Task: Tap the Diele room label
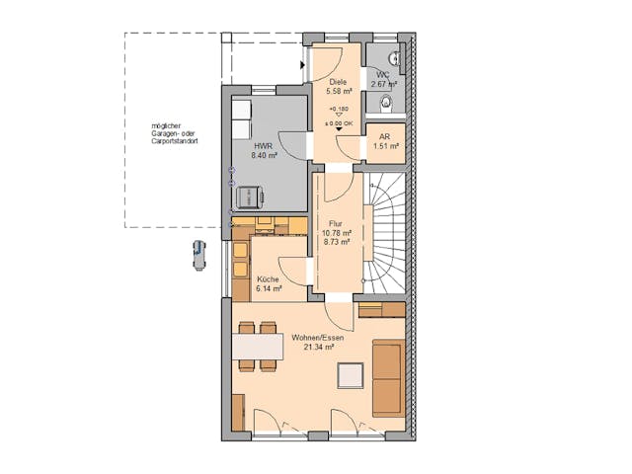click(x=338, y=82)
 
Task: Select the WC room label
click(x=382, y=74)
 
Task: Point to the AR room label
click(x=384, y=137)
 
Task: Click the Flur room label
click(x=336, y=225)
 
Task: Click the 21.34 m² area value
click(x=319, y=348)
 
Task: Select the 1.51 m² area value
click(x=385, y=147)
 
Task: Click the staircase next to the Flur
click(x=386, y=231)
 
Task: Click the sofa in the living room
click(x=388, y=377)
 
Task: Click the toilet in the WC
click(x=387, y=100)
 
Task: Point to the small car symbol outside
click(x=199, y=254)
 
